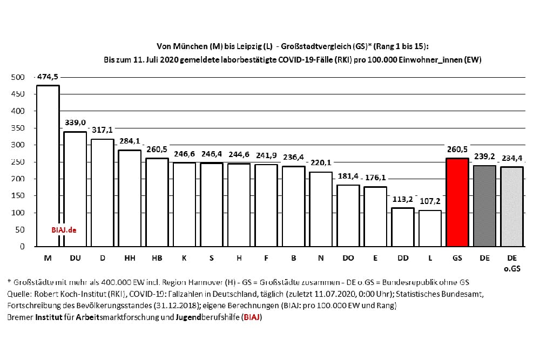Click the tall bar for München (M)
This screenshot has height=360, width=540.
[48, 162]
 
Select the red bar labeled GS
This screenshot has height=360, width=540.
[457, 202]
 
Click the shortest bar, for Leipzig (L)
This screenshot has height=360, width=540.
[430, 228]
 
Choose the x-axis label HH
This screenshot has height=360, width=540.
[130, 258]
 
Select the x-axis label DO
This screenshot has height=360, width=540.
[348, 258]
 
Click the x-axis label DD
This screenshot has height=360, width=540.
[402, 258]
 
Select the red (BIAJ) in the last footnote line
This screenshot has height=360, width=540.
[253, 317]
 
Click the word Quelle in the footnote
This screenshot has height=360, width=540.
[19, 294]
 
